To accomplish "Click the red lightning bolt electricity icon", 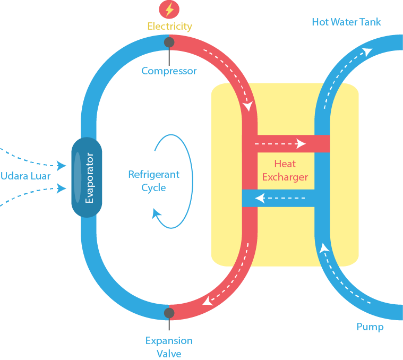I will [169, 9].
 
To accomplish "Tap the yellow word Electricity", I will [169, 26].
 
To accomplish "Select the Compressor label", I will [169, 71].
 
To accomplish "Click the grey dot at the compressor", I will [169, 42].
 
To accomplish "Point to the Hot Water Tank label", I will [346, 22].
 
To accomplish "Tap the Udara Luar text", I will [25, 176].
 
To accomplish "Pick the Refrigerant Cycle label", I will [153, 181].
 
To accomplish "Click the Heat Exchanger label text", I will [285, 170].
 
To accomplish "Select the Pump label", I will [370, 327].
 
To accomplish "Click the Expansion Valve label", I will [169, 347].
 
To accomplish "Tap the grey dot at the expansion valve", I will [169, 313].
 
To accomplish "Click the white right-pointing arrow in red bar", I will [301, 143].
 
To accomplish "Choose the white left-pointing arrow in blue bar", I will [260, 198].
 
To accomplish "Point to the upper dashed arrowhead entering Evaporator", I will [62, 166].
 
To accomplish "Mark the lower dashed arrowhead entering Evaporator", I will [62, 188].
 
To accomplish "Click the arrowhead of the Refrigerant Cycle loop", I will [157, 213].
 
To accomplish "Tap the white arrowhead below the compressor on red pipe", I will [247, 106].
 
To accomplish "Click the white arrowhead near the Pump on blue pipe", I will [324, 248].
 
